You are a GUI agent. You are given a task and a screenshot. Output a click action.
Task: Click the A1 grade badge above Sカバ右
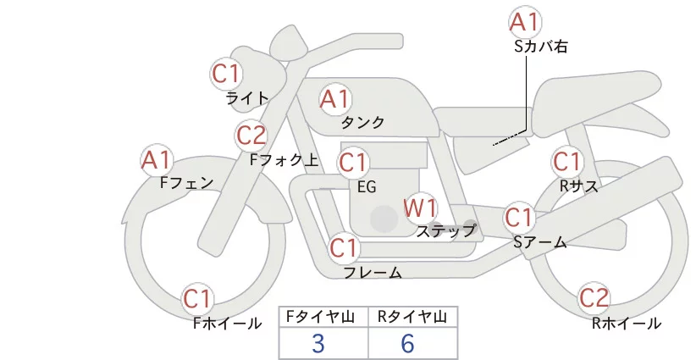tap(525, 22)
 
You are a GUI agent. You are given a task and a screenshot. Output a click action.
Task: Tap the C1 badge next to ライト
tap(226, 73)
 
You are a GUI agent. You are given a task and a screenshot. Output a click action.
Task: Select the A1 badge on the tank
tap(334, 98)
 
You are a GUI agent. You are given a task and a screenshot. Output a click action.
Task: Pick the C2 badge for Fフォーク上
tap(251, 135)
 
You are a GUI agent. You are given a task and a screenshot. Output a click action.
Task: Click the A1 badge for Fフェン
tap(157, 159)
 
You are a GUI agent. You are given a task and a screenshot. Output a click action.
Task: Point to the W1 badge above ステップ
tap(420, 208)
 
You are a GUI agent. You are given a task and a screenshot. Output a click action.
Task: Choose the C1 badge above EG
tap(354, 162)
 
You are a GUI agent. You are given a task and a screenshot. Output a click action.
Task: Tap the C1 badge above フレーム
tap(345, 248)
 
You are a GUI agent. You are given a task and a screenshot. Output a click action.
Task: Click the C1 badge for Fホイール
tap(199, 298)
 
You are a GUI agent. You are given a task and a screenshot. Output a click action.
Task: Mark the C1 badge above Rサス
tap(566, 161)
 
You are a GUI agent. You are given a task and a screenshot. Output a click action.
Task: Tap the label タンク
tap(362, 123)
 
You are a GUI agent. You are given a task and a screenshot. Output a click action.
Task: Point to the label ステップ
tap(446, 230)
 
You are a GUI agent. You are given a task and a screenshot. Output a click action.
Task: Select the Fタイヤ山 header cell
tap(323, 317)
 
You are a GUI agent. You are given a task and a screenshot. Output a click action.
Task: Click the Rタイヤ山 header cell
tap(412, 317)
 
